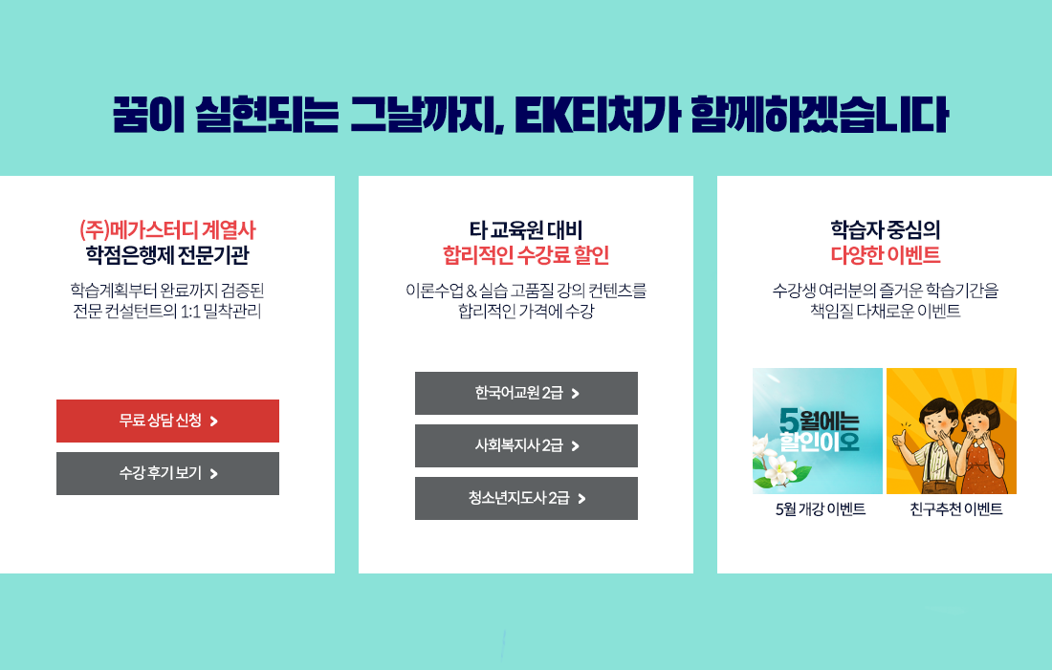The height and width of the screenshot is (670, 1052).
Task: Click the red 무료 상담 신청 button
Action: (167, 421)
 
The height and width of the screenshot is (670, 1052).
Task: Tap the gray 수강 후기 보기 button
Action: (167, 473)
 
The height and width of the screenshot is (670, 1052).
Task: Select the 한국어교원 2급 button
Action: (526, 393)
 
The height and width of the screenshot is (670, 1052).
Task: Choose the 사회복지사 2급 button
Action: (526, 445)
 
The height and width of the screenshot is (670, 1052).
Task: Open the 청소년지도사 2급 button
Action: (526, 498)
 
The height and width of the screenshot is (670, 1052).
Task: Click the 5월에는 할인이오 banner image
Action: (817, 430)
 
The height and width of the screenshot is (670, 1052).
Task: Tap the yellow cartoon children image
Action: (952, 430)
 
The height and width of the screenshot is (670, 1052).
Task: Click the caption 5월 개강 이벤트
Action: (821, 509)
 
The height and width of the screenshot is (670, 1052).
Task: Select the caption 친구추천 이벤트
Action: (956, 509)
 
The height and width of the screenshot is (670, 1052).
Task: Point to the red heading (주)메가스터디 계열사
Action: (167, 230)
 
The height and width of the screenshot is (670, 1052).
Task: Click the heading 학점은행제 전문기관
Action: (167, 255)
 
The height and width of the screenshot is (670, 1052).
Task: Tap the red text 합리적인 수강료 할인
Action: (526, 255)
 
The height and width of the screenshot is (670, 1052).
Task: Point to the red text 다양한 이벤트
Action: (886, 255)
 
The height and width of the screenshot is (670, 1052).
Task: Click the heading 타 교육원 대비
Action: (526, 230)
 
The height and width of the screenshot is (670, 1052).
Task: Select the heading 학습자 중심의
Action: (886, 230)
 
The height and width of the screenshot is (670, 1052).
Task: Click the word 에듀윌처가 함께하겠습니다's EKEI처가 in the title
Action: (598, 115)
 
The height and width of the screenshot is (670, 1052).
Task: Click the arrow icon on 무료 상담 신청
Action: (214, 421)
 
